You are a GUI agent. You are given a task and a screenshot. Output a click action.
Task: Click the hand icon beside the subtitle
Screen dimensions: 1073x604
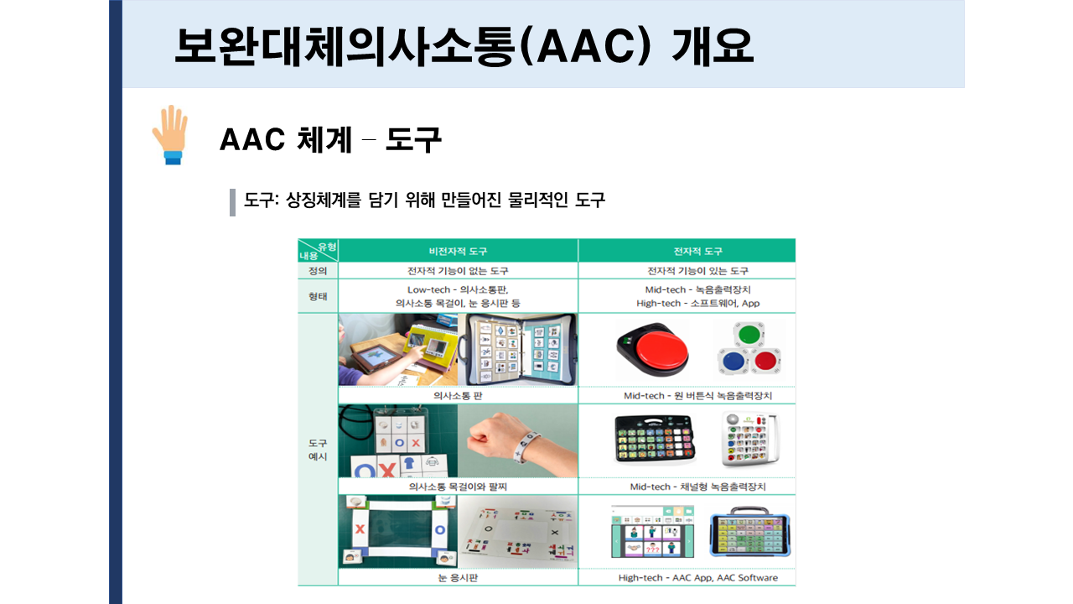click(170, 135)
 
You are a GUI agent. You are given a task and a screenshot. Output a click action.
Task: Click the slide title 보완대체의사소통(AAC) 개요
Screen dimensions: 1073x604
click(464, 46)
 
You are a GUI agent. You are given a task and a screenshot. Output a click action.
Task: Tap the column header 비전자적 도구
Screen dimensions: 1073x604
click(458, 251)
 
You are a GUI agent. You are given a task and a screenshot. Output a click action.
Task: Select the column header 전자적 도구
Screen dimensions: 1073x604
click(698, 251)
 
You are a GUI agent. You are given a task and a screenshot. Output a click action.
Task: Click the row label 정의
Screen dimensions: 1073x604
click(318, 271)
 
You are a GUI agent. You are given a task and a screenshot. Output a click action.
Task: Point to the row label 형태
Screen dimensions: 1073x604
click(318, 296)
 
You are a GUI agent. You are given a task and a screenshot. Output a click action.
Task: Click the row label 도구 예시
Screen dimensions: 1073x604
click(318, 450)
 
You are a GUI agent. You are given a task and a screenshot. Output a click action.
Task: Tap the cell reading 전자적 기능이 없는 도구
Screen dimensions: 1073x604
click(458, 271)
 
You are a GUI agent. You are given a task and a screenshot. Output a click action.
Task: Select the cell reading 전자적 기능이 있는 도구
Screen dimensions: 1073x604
click(698, 271)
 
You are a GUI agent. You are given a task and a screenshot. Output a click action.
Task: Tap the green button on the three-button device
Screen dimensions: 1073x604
click(749, 334)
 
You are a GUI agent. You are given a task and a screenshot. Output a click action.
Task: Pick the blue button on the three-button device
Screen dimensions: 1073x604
click(733, 361)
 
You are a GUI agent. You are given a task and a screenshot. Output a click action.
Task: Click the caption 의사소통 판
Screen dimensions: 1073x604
click(458, 395)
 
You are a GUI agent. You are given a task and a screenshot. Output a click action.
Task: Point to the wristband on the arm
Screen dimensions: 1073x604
click(527, 445)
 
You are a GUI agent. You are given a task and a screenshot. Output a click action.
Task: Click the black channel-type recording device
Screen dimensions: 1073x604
click(655, 440)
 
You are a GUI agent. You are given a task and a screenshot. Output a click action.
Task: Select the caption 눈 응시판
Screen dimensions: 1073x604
click(458, 578)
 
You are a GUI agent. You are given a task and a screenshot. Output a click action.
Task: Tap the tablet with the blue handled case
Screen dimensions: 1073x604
click(749, 532)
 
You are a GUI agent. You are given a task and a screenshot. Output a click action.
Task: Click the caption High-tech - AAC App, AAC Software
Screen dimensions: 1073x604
click(698, 578)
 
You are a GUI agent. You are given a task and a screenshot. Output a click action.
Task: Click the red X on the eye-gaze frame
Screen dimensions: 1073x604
click(360, 529)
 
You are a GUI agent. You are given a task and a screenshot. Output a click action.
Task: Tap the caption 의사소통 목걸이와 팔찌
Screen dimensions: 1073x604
click(458, 487)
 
